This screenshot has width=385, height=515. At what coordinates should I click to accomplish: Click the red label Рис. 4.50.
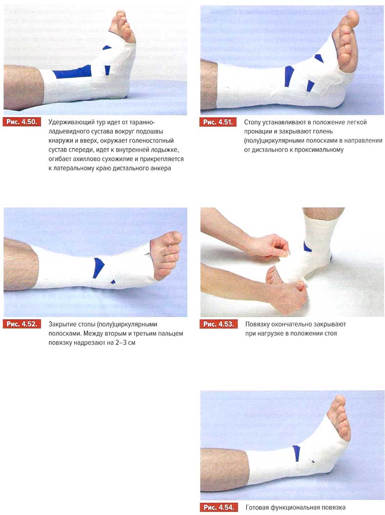click(22, 122)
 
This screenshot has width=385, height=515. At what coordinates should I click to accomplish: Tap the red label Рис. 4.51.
click(218, 122)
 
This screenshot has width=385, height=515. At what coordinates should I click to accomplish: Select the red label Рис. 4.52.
click(22, 324)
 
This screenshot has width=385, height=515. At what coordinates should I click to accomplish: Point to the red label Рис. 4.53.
click(218, 324)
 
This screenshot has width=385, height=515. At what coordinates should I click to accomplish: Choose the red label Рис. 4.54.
click(218, 507)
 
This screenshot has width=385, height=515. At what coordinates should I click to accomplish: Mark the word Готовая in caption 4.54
click(257, 508)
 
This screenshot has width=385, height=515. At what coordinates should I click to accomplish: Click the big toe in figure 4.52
click(173, 237)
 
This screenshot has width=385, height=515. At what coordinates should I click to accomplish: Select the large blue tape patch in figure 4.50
click(72, 72)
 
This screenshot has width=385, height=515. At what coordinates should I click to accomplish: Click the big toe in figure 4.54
click(339, 401)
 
